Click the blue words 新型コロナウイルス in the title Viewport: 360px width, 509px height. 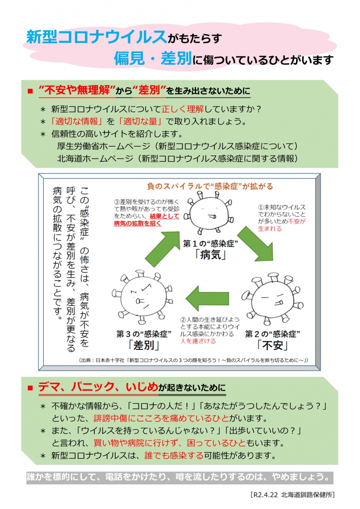[96, 37]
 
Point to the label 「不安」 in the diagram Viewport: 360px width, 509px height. [272, 344]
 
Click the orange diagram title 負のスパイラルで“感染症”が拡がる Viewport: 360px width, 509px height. [210, 186]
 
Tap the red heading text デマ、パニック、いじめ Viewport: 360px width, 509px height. [98, 387]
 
